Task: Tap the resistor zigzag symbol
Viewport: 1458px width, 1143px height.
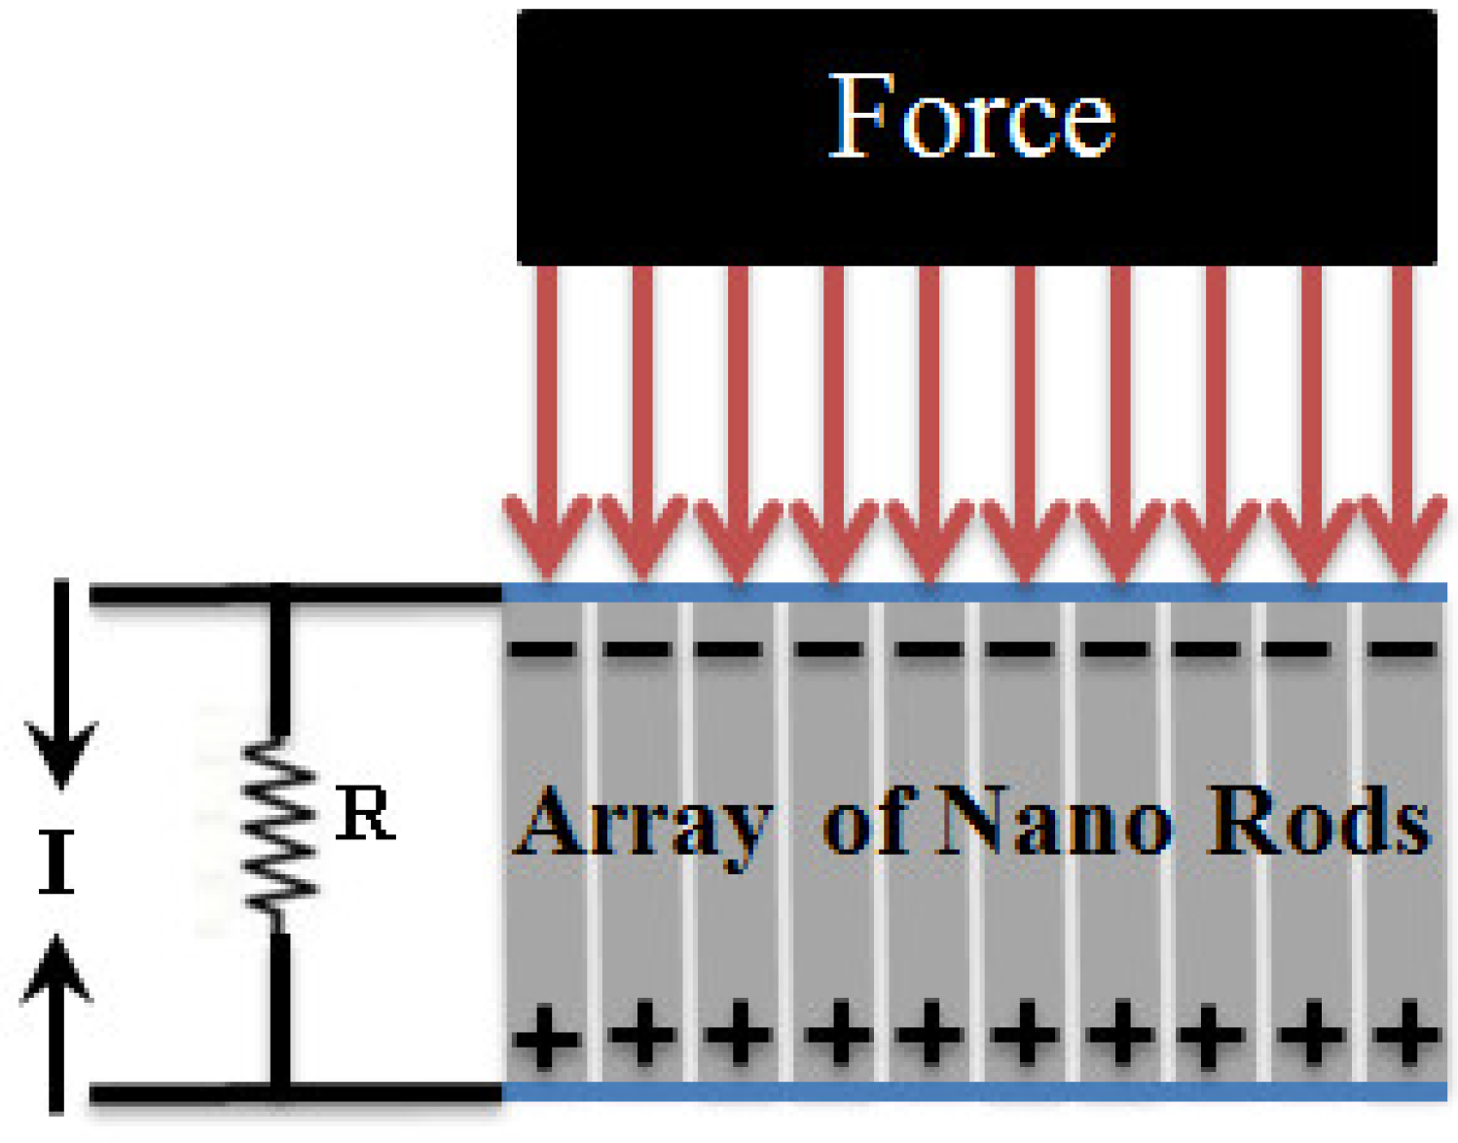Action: coord(280,828)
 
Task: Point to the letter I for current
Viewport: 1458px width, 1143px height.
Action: coord(56,862)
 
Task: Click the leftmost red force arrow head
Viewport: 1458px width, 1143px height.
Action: coord(547,535)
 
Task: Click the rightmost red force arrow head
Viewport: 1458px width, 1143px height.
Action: coord(1402,535)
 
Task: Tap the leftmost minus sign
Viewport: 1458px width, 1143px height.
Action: coord(543,648)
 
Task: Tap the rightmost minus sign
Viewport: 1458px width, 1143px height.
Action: coord(1402,648)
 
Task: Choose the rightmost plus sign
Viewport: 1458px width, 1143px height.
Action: coord(1405,1034)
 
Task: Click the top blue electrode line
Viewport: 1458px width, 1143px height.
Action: coord(973,592)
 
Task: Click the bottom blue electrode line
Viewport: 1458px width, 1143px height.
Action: coord(973,1090)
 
